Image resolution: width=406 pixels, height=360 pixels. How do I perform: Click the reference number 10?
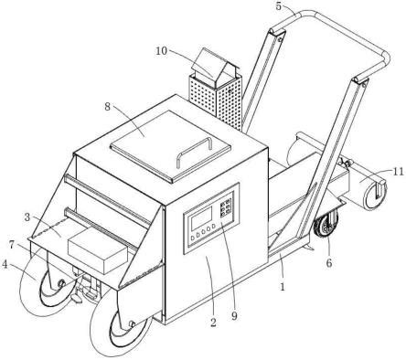[x=162, y=51]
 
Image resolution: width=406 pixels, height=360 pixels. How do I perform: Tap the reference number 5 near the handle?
[x=279, y=6]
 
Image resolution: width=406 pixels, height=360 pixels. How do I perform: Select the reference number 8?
[x=107, y=107]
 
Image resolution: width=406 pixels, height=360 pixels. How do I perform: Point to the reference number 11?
[x=398, y=172]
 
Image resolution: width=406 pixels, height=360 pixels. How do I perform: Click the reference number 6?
[x=329, y=263]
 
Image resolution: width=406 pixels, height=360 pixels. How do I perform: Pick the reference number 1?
[x=283, y=286]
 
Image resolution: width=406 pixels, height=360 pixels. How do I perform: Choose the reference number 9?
[x=234, y=316]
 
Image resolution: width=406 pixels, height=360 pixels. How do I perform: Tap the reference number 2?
[x=213, y=323]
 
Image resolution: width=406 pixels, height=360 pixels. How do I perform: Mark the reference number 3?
[x=27, y=217]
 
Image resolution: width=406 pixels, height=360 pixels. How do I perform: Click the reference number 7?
[x=12, y=244]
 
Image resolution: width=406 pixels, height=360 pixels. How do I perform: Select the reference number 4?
[x=5, y=264]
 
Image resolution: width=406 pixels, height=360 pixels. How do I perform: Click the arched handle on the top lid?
[x=194, y=152]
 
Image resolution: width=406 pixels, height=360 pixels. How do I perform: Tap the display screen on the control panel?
[x=201, y=218]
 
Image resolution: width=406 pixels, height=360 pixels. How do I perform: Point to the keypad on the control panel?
[x=226, y=207]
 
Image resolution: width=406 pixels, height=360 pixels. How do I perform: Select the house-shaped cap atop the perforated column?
[x=216, y=68]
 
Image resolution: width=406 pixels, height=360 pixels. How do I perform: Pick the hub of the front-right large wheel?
[x=132, y=323]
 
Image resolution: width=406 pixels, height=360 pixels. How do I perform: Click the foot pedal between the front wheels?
[x=76, y=299]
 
